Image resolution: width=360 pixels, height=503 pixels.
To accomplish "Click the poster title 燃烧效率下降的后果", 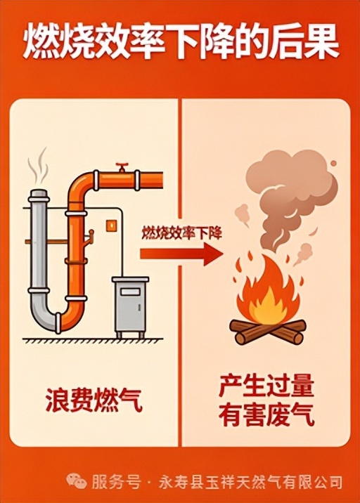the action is tap(180, 44).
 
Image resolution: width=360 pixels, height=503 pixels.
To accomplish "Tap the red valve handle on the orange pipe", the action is tap(122, 166).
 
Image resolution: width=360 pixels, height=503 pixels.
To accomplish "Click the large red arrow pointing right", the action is tap(181, 254).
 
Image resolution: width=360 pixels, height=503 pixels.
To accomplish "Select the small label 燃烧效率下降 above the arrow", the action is tap(181, 232).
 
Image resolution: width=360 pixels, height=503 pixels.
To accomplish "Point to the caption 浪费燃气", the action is tap(94, 400).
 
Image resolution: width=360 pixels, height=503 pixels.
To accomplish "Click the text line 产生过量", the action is tap(266, 386).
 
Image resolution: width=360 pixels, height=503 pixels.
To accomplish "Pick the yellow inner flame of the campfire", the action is tap(266, 304).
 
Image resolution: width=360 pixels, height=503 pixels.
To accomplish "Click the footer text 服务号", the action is tap(116, 481).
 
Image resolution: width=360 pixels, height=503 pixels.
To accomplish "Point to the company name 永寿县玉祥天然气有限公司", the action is tap(250, 481).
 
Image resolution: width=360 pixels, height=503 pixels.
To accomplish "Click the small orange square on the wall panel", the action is tap(111, 225).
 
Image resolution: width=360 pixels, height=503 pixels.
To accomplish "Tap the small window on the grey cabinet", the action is tap(130, 292).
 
